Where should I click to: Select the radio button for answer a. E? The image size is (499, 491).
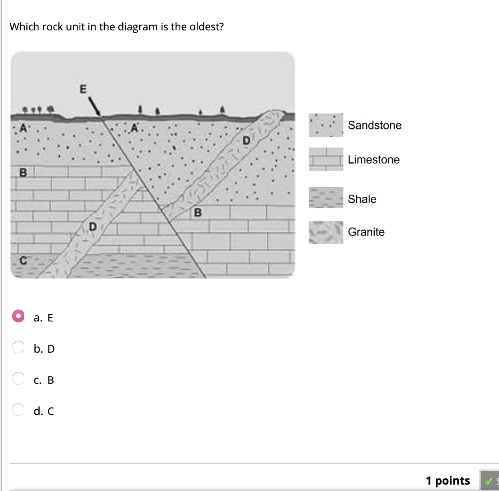click(x=18, y=316)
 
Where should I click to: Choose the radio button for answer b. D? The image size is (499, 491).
click(x=18, y=347)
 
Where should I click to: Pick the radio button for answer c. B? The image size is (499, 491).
click(x=18, y=378)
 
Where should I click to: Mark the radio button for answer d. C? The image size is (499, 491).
click(x=18, y=409)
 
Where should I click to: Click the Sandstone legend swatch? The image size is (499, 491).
click(x=326, y=125)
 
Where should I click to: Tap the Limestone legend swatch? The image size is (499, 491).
click(x=326, y=160)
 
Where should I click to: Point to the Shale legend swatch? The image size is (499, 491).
click(x=326, y=198)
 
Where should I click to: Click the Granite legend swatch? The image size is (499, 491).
click(x=326, y=232)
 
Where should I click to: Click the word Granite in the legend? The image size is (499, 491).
click(x=366, y=232)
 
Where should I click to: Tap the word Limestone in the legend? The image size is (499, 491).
click(x=373, y=160)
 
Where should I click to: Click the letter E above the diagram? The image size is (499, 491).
click(x=83, y=89)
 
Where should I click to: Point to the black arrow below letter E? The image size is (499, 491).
click(x=94, y=106)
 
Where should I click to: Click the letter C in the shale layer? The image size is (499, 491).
click(x=23, y=261)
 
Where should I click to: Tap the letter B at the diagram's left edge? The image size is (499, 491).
click(x=23, y=173)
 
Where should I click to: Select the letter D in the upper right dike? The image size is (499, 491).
click(x=246, y=140)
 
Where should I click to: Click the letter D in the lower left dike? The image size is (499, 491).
click(x=93, y=227)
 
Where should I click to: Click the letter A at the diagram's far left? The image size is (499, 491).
click(x=23, y=128)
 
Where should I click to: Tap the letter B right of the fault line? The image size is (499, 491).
click(x=198, y=212)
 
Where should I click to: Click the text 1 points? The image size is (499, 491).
click(x=447, y=480)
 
